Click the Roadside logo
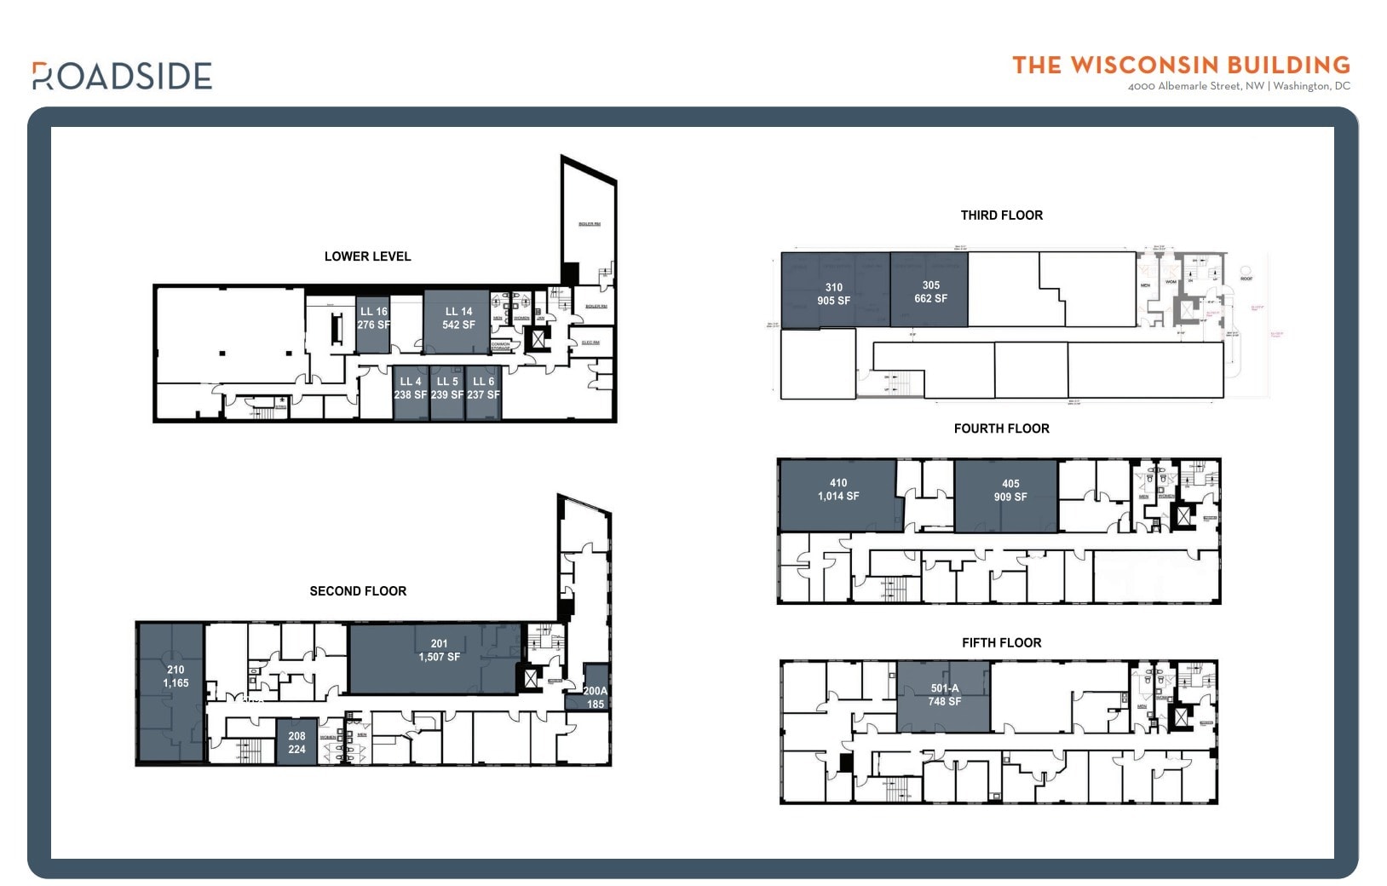(x=122, y=76)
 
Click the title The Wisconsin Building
(x=1181, y=66)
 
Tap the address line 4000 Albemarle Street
(x=1239, y=86)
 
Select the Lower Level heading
(x=367, y=256)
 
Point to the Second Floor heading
(x=358, y=591)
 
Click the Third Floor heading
(x=1001, y=216)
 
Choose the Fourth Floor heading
(x=1001, y=429)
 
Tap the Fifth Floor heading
(x=1001, y=643)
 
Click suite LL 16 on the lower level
(x=373, y=319)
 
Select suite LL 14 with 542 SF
(x=458, y=319)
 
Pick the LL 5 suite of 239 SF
(x=447, y=388)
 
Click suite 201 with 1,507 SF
(x=439, y=651)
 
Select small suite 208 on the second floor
(x=296, y=743)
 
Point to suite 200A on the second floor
(x=596, y=698)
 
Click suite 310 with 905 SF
(x=834, y=294)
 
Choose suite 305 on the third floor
(x=930, y=292)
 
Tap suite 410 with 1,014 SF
(x=838, y=490)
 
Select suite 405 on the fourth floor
(x=1010, y=491)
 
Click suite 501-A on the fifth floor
(x=944, y=695)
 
